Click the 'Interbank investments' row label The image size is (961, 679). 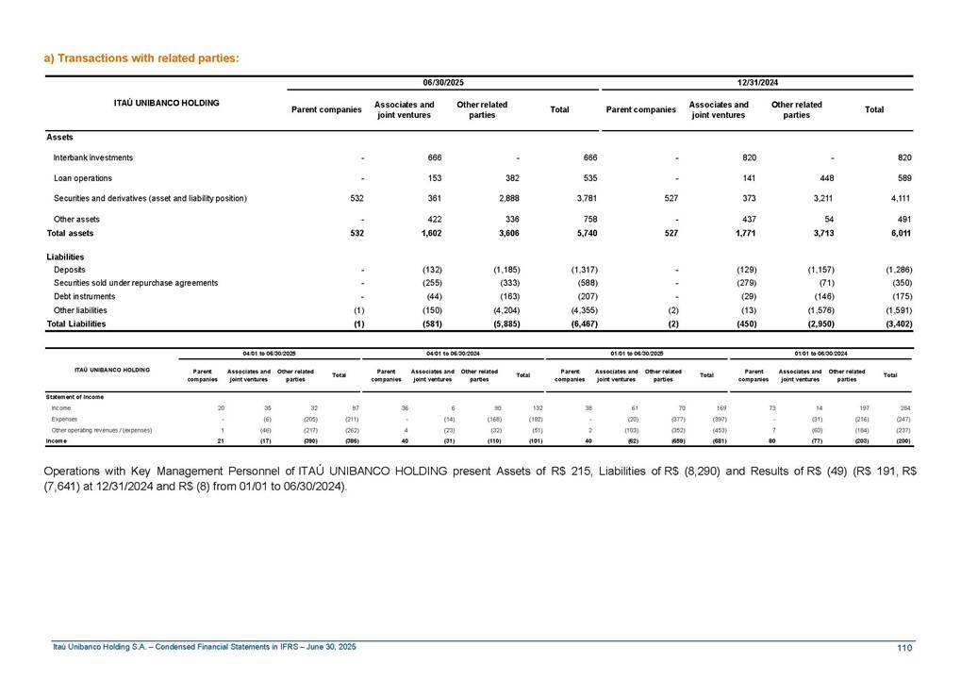click(x=93, y=157)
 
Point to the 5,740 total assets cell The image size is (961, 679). click(x=583, y=233)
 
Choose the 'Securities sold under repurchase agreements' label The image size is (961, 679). click(x=136, y=283)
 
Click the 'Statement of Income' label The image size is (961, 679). click(x=75, y=396)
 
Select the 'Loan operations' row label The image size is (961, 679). click(x=83, y=178)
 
